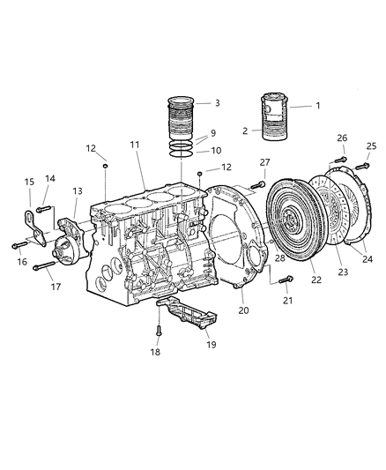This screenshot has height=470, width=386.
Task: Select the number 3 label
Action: point(218,103)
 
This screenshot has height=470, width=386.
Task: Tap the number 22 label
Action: point(290,280)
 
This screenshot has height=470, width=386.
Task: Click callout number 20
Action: point(243,310)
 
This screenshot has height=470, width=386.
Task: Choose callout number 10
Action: point(216,151)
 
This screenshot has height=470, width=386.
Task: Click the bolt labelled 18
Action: point(159,331)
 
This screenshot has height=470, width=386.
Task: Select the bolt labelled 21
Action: point(284,281)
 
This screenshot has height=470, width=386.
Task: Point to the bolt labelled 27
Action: point(257,184)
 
